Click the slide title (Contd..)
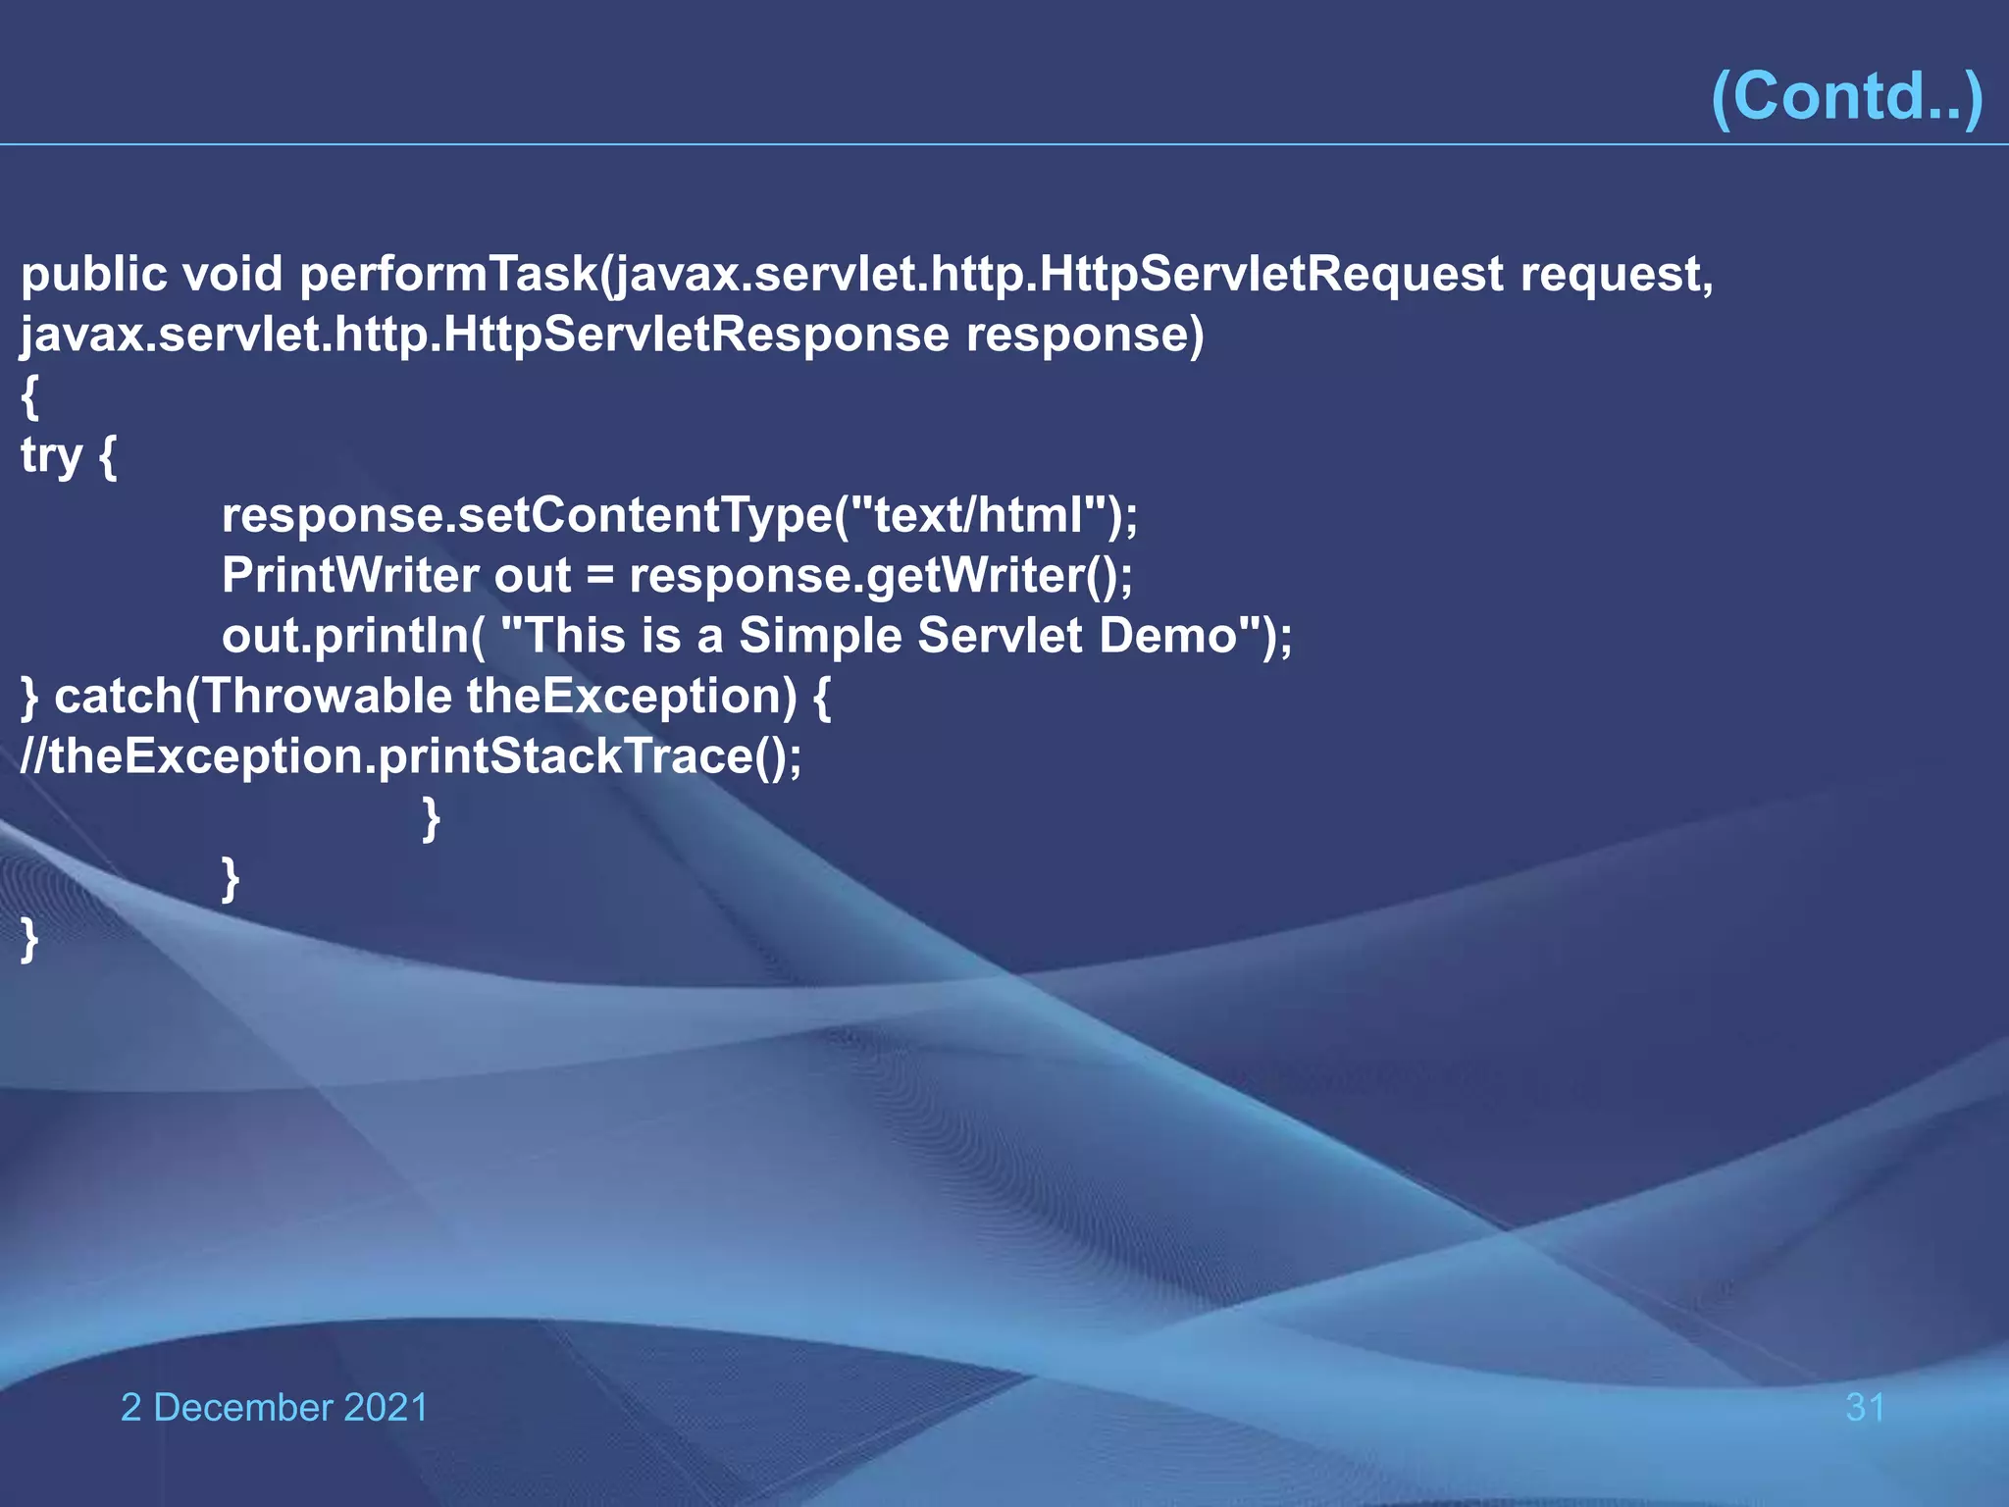[1846, 96]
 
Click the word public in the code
[94, 275]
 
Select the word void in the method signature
[232, 275]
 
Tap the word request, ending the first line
[1616, 275]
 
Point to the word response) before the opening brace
[1084, 336]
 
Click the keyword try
[51, 456]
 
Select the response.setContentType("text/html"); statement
[680, 516]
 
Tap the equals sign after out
[599, 576]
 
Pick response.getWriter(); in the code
[880, 576]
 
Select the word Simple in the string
[819, 637]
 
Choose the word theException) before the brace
[631, 698]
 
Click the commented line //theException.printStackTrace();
[411, 757]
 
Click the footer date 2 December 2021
[274, 1408]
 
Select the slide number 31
[1865, 1408]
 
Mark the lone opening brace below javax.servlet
[30, 396]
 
